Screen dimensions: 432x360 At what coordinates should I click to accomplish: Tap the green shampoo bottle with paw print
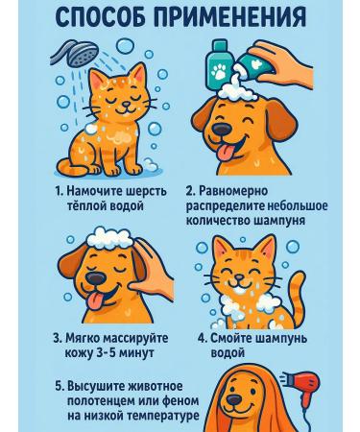tap(220, 67)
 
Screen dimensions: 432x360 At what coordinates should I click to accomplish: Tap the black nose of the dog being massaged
tap(96, 277)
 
